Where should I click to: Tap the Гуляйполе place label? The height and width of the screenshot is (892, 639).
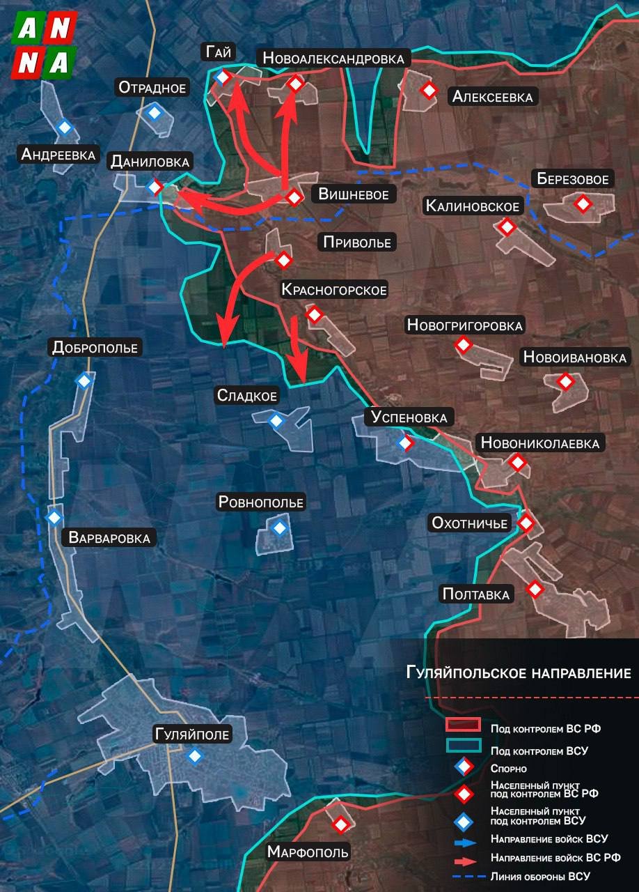pos(192,734)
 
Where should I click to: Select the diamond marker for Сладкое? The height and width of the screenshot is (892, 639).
pos(276,421)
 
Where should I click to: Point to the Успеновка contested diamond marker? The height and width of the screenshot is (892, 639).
pos(404,442)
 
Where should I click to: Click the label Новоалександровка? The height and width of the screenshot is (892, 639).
pos(333,59)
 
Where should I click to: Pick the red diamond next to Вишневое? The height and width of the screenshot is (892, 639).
pos(294,197)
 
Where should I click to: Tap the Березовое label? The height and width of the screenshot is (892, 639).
pos(573,179)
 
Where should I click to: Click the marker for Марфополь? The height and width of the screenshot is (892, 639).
pos(340,824)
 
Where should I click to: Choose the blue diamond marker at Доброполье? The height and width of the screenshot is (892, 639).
pos(84,380)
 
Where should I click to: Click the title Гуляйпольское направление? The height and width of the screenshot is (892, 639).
pos(519,673)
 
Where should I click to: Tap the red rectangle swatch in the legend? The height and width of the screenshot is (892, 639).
pos(464,725)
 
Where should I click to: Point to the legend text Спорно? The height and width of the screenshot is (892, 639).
pos(508,769)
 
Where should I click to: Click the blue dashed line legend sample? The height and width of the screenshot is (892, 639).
pos(464,876)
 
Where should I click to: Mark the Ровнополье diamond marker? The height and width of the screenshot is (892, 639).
pos(279,528)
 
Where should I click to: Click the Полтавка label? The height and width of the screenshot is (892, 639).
pos(476,594)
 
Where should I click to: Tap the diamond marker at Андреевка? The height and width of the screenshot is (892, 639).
pos(65,127)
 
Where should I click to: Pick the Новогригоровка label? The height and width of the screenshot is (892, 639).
pos(464,325)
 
